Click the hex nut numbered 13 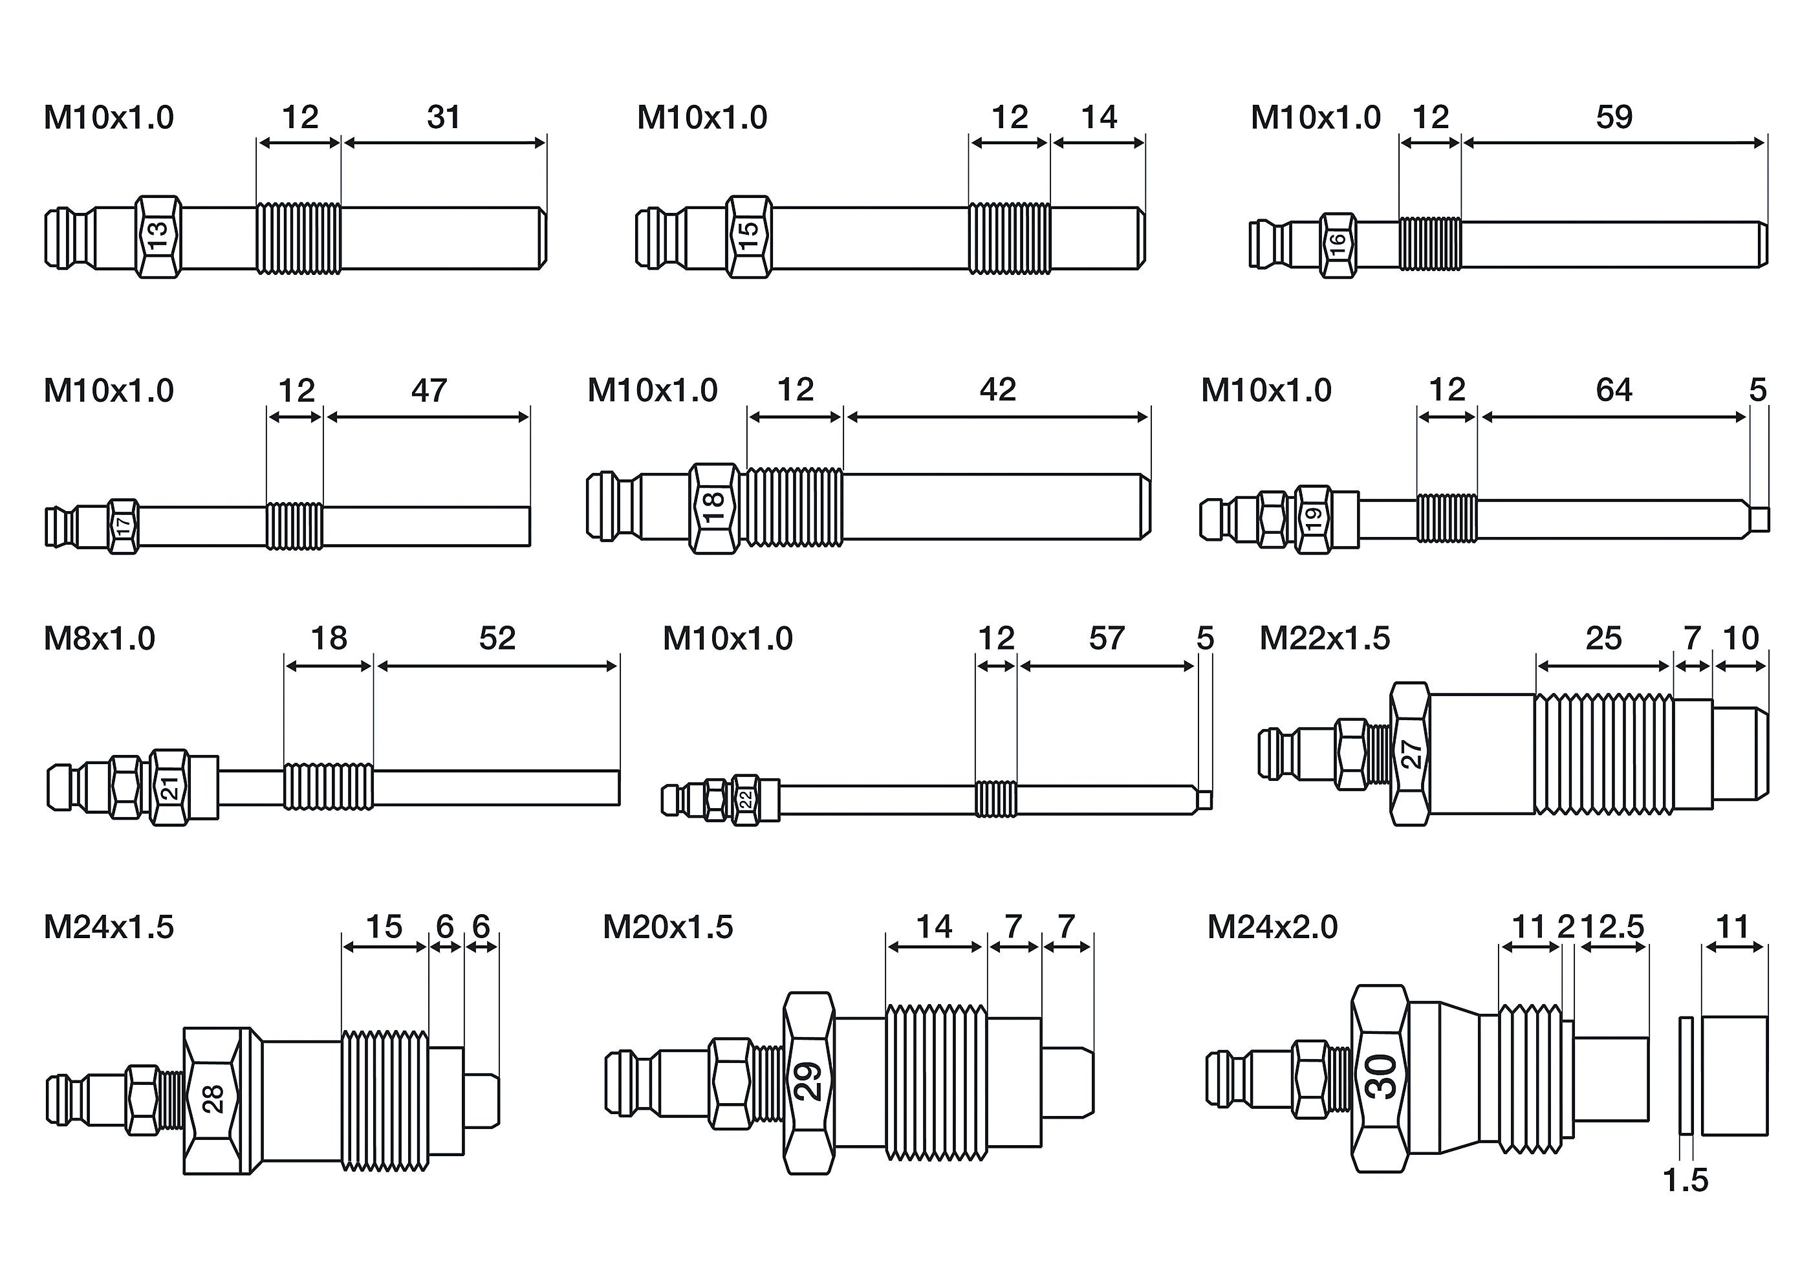(158, 237)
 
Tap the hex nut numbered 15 (748, 237)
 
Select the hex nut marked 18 (714, 508)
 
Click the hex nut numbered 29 (808, 1082)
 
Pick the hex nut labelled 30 (1380, 1077)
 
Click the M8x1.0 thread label (100, 638)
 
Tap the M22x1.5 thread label (1325, 638)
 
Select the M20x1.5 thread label (667, 927)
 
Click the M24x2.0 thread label (1272, 927)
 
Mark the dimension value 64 (1613, 389)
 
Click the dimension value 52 (497, 638)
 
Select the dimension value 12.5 (1614, 927)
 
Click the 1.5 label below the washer (1685, 1181)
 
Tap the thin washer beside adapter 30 (1686, 1076)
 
